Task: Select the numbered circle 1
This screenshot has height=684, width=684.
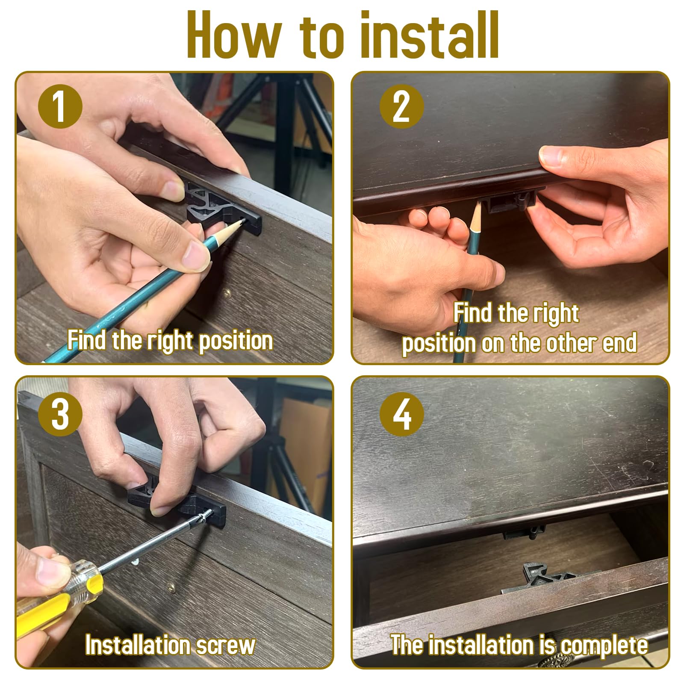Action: coord(60,107)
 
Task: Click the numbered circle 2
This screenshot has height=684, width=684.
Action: coord(401,107)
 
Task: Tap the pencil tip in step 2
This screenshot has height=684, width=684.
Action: coord(478,204)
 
